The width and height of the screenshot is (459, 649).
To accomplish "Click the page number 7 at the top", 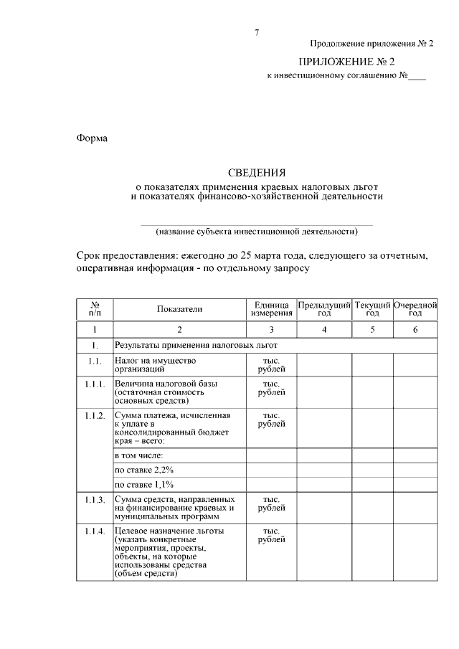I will [x=256, y=32].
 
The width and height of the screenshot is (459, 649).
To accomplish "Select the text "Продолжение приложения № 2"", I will [x=372, y=44].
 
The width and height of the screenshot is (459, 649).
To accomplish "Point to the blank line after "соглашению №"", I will [x=417, y=75].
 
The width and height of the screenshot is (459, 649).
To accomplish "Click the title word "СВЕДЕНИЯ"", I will [x=256, y=172].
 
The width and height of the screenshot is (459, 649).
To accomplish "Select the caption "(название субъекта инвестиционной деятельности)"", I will [x=256, y=232].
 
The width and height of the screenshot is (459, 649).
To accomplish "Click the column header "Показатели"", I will [x=180, y=309].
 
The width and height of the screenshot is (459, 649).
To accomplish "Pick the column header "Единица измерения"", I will [x=272, y=309].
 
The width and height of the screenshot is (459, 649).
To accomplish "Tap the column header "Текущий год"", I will [x=372, y=309].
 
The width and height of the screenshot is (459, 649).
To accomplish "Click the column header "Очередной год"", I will [x=415, y=309].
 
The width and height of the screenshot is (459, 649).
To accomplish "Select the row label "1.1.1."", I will [x=95, y=384].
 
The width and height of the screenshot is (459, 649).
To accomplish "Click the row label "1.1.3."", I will [x=95, y=499].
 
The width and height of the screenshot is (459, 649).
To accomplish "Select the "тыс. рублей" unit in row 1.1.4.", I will [x=272, y=536].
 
